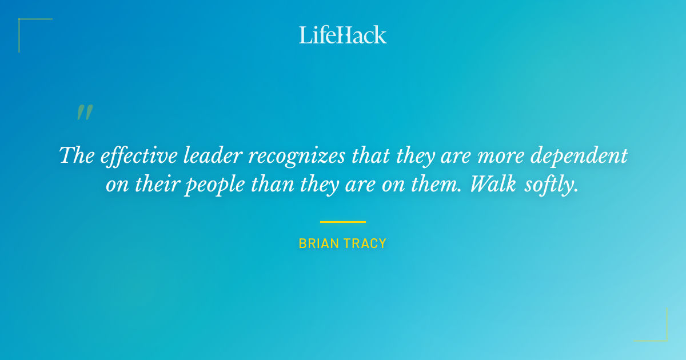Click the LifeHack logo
click(x=343, y=35)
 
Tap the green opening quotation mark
click(x=85, y=113)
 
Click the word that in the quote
click(x=370, y=155)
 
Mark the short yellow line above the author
click(x=343, y=222)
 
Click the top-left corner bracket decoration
click(x=23, y=23)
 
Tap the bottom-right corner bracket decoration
click(x=663, y=337)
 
